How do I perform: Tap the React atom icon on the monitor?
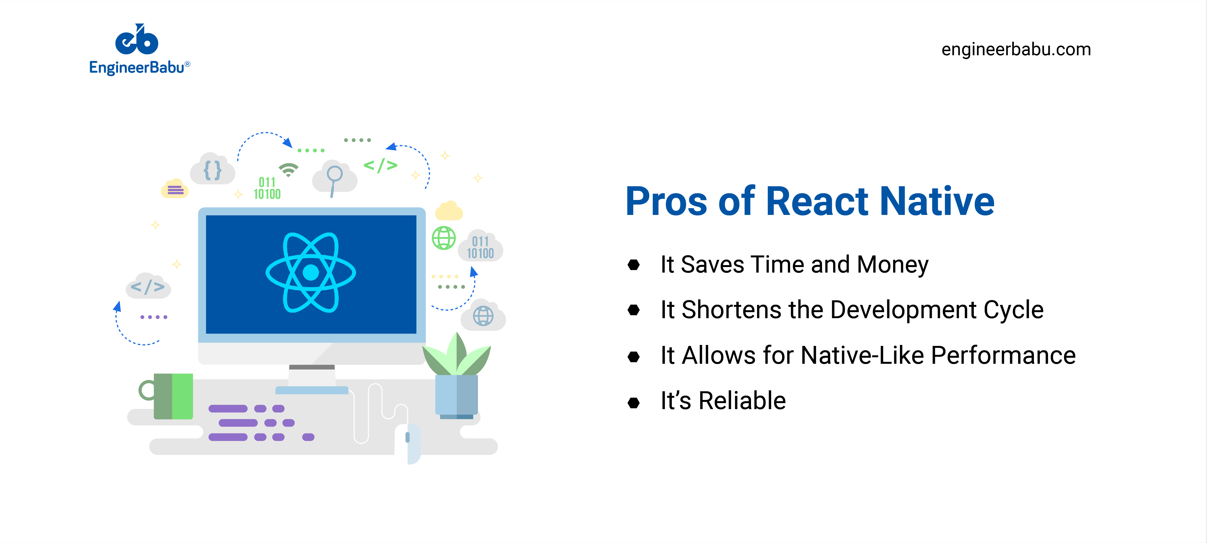tap(311, 272)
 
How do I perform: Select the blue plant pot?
tap(456, 396)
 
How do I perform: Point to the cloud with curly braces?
tap(212, 169)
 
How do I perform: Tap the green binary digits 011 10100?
tap(267, 188)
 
